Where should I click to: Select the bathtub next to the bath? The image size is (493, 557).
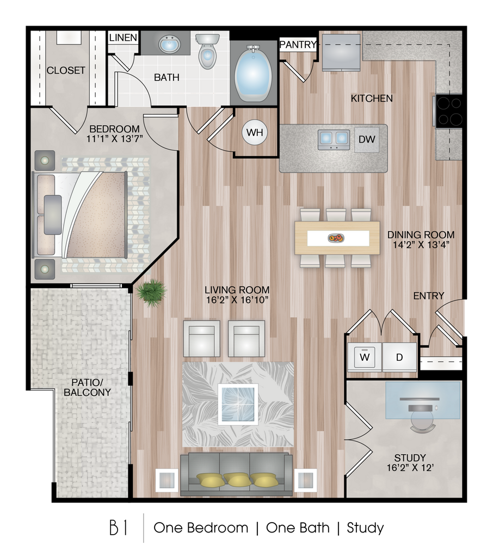tap(253, 73)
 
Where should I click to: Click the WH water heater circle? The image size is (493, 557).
tap(255, 133)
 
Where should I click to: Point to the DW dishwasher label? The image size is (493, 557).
tap(367, 139)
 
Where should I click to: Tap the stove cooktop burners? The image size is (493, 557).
tap(449, 111)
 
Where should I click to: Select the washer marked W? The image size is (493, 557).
tap(365, 357)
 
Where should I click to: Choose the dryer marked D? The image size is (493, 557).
tap(399, 357)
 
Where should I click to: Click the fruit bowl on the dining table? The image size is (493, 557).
tap(336, 238)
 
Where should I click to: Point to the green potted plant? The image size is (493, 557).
tap(151, 293)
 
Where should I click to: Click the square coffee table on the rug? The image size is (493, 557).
tap(238, 404)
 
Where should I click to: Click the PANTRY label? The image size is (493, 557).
tap(298, 45)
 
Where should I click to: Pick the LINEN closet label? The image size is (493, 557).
tap(123, 38)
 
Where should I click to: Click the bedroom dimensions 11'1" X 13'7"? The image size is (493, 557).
tap(114, 138)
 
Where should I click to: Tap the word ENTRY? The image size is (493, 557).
tap(429, 295)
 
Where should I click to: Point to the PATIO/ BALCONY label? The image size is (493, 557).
tap(87, 387)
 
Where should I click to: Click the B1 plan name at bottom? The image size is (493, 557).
tap(119, 528)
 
